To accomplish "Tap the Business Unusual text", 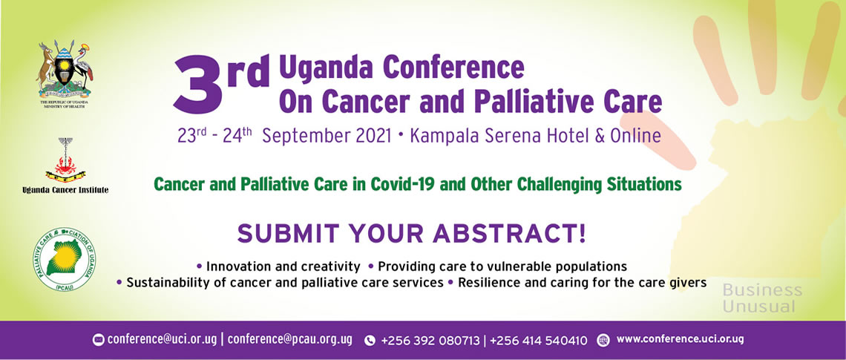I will [762, 298].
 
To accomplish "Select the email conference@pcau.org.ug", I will [289, 340].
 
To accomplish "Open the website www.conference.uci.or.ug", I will [680, 339].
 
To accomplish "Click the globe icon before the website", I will [603, 340].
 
